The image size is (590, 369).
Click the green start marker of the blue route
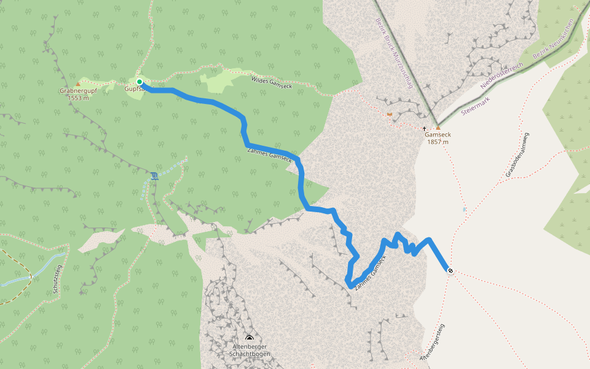point(140,82)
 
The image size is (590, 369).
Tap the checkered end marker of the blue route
point(450,271)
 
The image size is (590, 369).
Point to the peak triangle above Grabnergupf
point(77,84)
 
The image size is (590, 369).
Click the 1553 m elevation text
point(79,98)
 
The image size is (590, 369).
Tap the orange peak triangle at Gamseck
point(438,128)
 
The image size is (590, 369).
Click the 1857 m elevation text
point(437,142)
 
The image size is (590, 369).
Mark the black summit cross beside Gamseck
point(424,128)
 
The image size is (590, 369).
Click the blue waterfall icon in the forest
point(154,177)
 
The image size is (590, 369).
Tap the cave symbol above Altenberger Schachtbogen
point(250,338)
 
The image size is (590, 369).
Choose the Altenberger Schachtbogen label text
point(249,351)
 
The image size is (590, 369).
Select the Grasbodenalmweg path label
point(518,155)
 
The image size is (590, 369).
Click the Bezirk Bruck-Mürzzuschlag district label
point(394,52)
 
